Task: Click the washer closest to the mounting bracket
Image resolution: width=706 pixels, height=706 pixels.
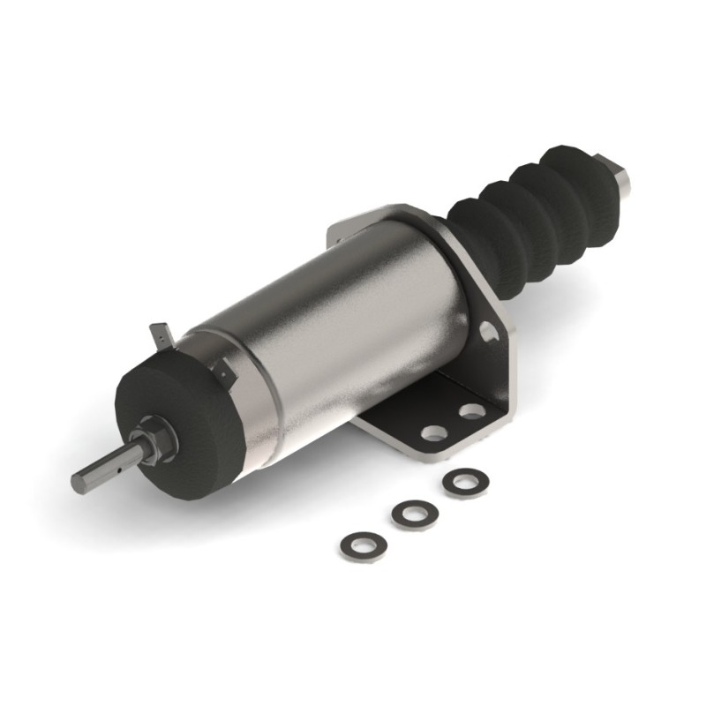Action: [465, 482]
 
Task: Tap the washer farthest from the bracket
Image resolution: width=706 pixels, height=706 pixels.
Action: [362, 545]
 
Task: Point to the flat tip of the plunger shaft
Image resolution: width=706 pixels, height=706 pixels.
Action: [79, 484]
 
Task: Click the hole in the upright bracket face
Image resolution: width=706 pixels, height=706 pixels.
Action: [486, 331]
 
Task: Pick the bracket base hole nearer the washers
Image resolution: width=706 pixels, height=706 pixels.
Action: [434, 432]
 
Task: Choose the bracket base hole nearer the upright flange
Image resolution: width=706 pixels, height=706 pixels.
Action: [472, 411]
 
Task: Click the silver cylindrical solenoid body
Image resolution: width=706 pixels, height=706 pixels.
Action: [344, 327]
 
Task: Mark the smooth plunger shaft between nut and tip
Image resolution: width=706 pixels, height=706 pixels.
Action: [106, 468]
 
